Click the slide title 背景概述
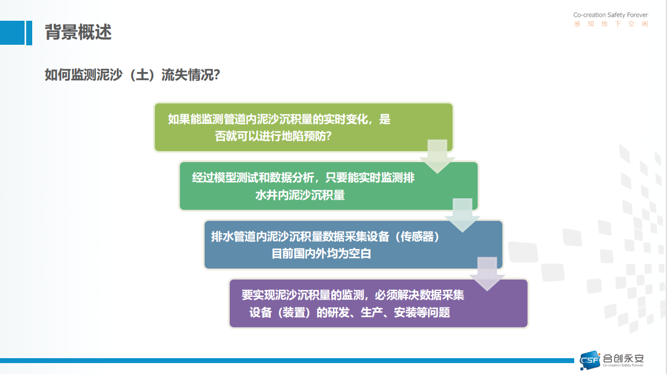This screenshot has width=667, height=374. pyautogui.click(x=78, y=32)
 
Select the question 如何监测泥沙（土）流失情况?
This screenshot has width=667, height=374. pyautogui.click(x=132, y=75)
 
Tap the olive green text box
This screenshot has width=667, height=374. pyautogui.click(x=303, y=127)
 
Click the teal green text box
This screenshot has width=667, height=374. pyautogui.click(x=329, y=186)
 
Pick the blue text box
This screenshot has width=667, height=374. pyautogui.click(x=354, y=245)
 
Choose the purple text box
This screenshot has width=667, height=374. pyautogui.click(x=378, y=303)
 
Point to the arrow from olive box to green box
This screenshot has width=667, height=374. pyautogui.click(x=437, y=157)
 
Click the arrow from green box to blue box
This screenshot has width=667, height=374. pyautogui.click(x=462, y=215)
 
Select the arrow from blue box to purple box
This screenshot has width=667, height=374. pyautogui.click(x=487, y=274)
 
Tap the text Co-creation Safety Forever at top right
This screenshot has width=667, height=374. pyautogui.click(x=610, y=15)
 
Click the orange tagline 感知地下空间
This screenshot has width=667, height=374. pyautogui.click(x=611, y=24)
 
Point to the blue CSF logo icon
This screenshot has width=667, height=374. pyautogui.click(x=590, y=360)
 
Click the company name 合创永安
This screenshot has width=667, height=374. pyautogui.click(x=623, y=358)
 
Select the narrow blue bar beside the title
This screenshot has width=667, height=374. pyautogui.click(x=29, y=33)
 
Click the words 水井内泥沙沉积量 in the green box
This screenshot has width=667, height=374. pyautogui.click(x=300, y=195)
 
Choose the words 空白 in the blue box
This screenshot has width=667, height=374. pyautogui.click(x=360, y=254)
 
